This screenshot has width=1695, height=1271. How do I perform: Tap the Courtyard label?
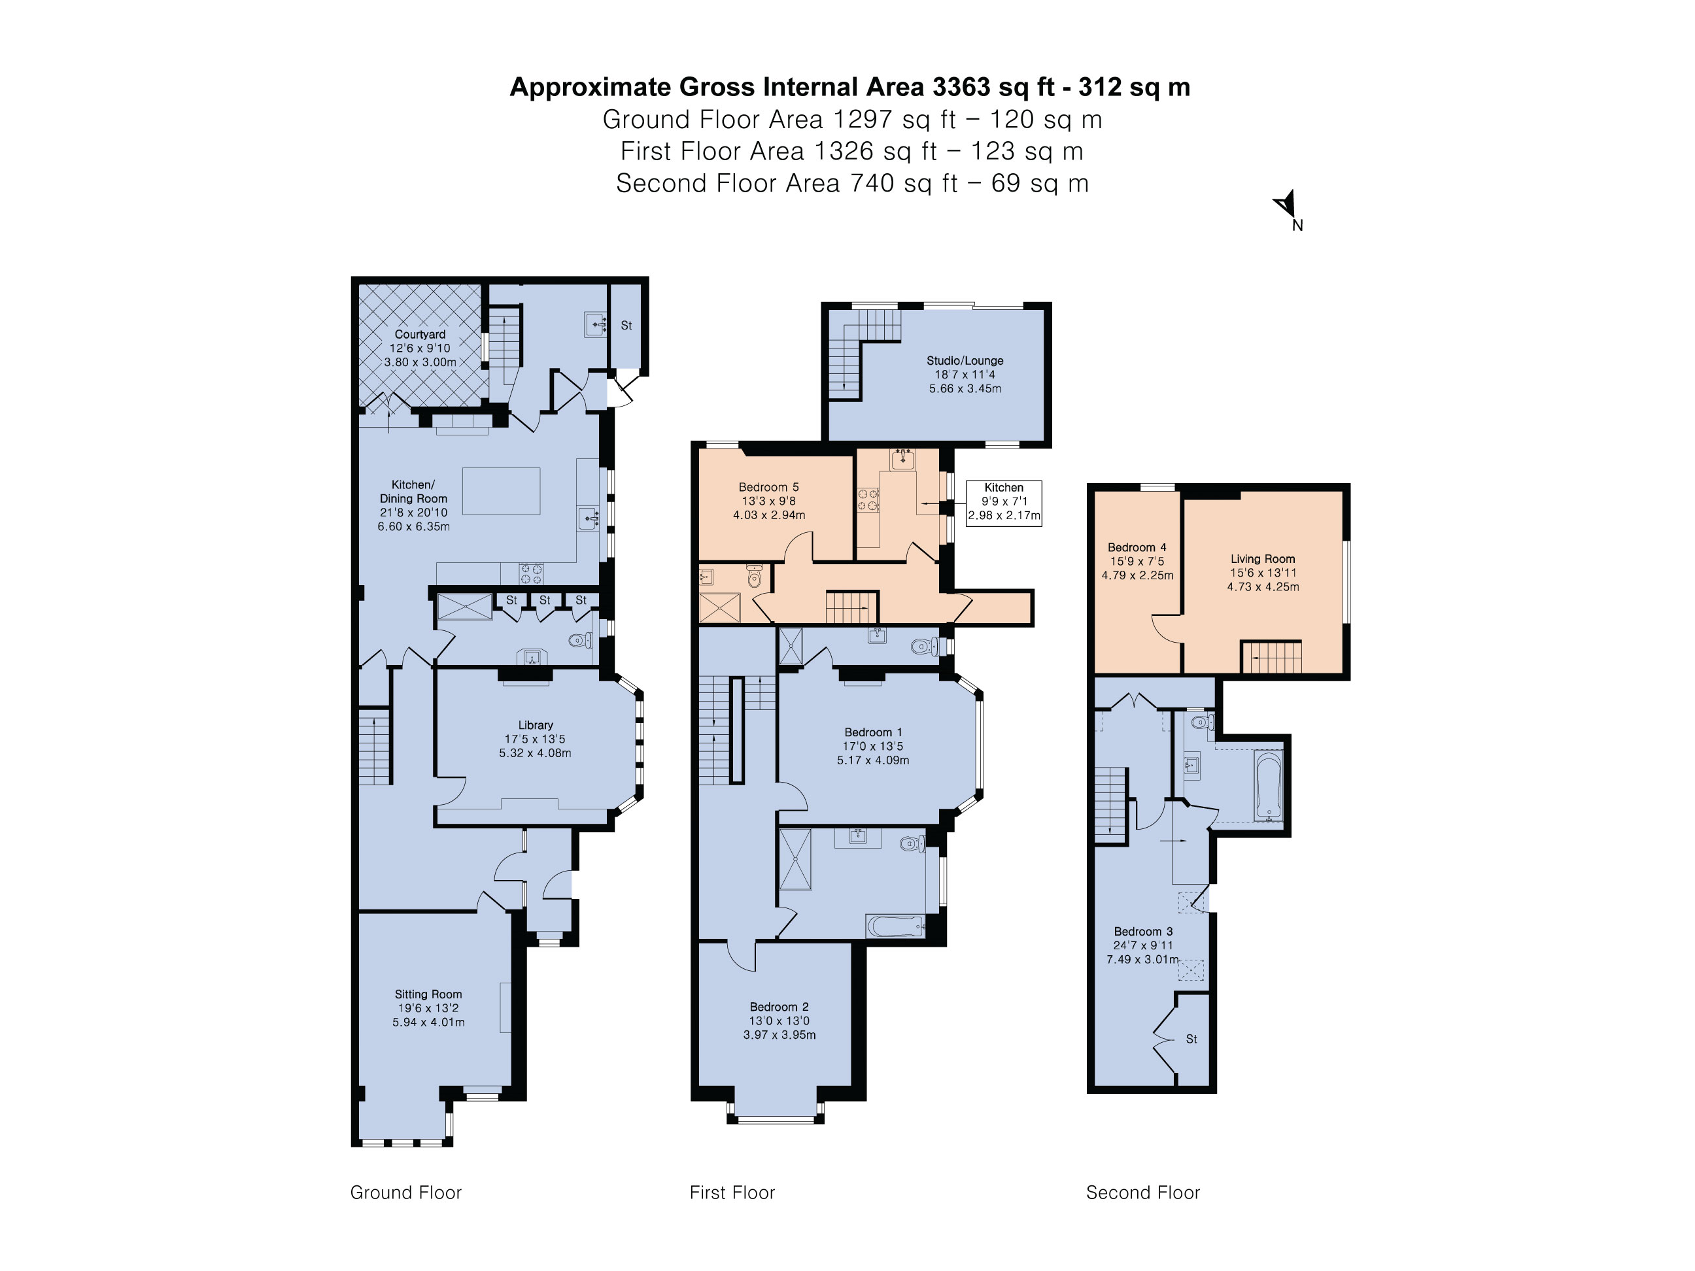420,334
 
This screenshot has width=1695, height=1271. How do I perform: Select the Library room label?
535,725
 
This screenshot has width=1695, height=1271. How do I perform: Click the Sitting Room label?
428,994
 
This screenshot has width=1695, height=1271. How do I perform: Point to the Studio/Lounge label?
965,360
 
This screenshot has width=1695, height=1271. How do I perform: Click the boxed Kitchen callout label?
1004,502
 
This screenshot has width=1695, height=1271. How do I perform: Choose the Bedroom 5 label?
768,486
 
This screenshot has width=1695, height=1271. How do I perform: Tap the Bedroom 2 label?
779,1007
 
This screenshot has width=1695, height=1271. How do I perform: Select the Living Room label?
1263,558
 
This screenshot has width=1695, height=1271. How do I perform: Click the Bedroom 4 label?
1137,547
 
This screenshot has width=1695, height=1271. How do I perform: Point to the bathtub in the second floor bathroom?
1268,786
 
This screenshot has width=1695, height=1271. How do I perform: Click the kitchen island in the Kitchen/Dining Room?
501,490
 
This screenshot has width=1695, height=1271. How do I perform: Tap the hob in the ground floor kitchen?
532,573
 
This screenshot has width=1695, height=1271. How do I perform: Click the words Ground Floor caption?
406,1192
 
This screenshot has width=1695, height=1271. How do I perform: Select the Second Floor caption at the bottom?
1142,1192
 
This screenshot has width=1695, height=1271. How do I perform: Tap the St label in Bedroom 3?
1191,1039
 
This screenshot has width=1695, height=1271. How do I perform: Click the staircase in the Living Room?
1271,656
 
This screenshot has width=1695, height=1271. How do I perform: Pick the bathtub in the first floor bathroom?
896,927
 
